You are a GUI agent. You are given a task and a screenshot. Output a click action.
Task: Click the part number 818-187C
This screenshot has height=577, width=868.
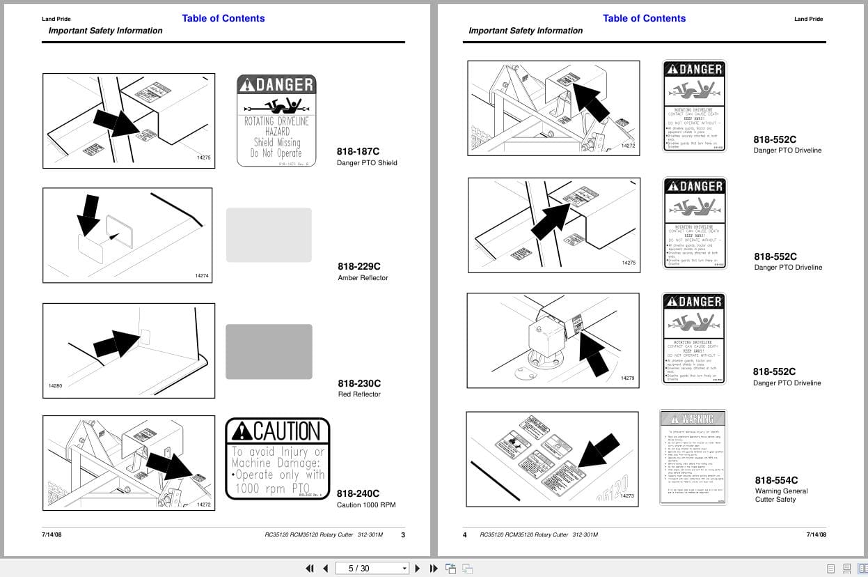(x=358, y=151)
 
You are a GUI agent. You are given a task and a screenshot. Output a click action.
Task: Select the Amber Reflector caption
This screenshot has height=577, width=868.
(x=363, y=278)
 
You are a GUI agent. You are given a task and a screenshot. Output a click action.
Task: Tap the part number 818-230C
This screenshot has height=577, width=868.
(x=359, y=383)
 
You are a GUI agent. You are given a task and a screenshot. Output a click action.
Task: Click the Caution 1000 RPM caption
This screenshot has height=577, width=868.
(x=366, y=505)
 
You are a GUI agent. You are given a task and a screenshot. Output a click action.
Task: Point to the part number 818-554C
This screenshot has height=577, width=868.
(x=776, y=480)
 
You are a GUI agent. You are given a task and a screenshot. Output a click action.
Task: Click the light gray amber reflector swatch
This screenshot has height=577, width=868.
(x=269, y=235)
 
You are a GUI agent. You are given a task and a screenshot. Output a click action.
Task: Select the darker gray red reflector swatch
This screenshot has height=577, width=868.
(x=269, y=351)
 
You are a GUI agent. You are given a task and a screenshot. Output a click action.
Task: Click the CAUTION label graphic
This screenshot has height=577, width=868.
(x=277, y=459)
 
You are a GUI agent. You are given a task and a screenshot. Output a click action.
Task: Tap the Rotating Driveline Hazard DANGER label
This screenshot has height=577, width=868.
(x=276, y=121)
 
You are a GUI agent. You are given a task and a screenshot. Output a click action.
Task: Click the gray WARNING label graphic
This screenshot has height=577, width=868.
(x=693, y=456)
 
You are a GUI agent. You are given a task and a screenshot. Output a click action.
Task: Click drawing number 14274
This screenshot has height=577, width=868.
(x=202, y=276)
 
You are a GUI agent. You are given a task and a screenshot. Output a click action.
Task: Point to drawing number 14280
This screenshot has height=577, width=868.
(x=56, y=385)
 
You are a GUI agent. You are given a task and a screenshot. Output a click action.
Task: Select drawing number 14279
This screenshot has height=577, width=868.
(x=627, y=378)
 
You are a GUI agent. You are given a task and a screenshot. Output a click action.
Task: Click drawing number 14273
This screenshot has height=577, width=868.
(x=627, y=495)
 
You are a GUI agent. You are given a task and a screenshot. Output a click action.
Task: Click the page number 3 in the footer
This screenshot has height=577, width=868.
(x=402, y=535)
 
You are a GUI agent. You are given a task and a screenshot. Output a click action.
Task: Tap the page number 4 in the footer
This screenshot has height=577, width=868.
(x=465, y=535)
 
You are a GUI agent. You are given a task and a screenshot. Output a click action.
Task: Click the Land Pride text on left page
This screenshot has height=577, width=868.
(x=56, y=19)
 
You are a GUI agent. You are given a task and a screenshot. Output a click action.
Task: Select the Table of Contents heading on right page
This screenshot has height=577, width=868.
(x=644, y=18)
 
